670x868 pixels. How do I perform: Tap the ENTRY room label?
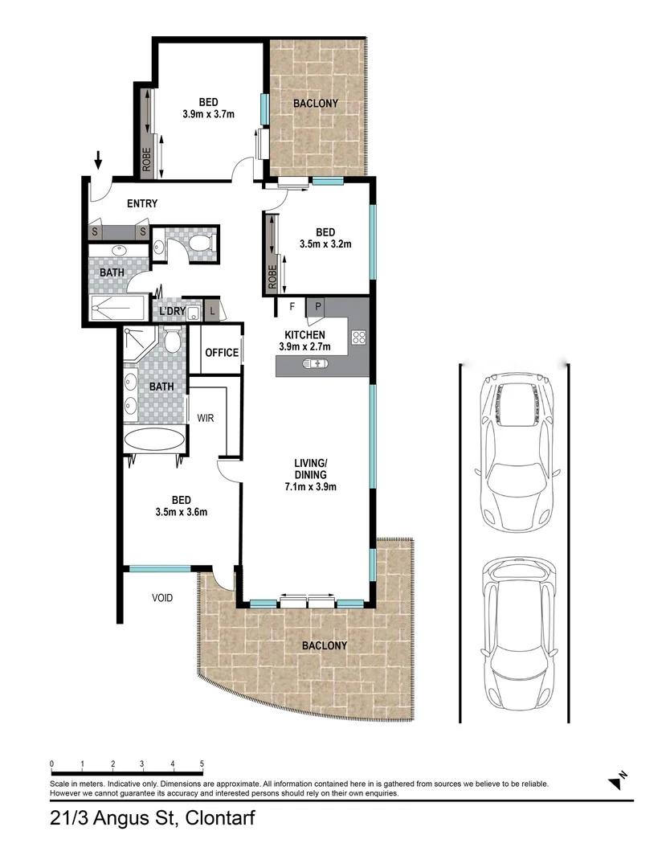(x=142, y=203)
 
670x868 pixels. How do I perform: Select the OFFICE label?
(x=221, y=352)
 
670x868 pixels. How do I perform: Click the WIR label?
(x=206, y=418)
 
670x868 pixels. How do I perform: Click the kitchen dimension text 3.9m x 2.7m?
(x=304, y=347)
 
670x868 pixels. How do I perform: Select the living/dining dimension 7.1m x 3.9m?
(x=309, y=486)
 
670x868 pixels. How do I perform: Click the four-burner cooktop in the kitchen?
(x=359, y=338)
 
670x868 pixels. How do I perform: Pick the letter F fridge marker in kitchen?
(x=292, y=305)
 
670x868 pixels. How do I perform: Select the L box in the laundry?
(x=213, y=311)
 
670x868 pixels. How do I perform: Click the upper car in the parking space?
(x=513, y=450)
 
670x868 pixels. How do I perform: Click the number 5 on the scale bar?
(x=202, y=764)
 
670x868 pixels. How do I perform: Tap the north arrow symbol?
(x=617, y=779)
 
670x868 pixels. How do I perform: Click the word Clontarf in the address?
(x=223, y=819)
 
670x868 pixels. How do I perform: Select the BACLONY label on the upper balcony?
(x=315, y=104)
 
